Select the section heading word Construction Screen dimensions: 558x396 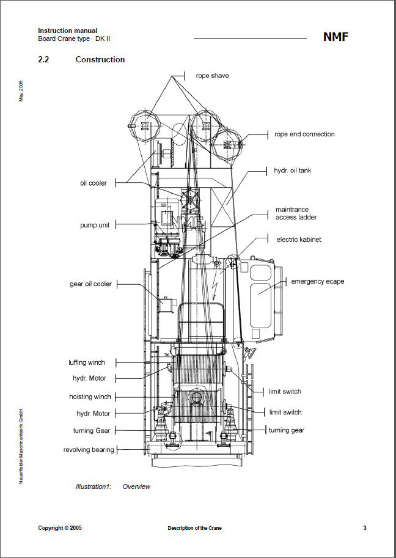(100, 60)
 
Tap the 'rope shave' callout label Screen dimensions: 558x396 (213, 76)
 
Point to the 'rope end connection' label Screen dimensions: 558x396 (304, 134)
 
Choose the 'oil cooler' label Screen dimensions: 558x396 (94, 183)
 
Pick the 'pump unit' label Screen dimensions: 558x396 (95, 225)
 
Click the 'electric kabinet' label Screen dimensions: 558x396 (299, 240)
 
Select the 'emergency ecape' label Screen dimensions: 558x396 (317, 282)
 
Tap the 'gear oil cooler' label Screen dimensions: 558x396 (90, 284)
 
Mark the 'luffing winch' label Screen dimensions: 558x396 (87, 362)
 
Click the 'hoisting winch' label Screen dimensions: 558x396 (90, 397)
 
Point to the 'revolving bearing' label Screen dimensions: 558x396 (89, 450)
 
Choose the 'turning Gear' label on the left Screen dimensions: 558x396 (92, 431)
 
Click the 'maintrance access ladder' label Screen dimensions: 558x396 (296, 213)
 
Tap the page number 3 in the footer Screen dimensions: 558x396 (364, 528)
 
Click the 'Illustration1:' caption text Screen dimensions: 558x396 (92, 487)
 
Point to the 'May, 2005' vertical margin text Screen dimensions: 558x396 (21, 90)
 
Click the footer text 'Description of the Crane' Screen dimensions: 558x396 (194, 528)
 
